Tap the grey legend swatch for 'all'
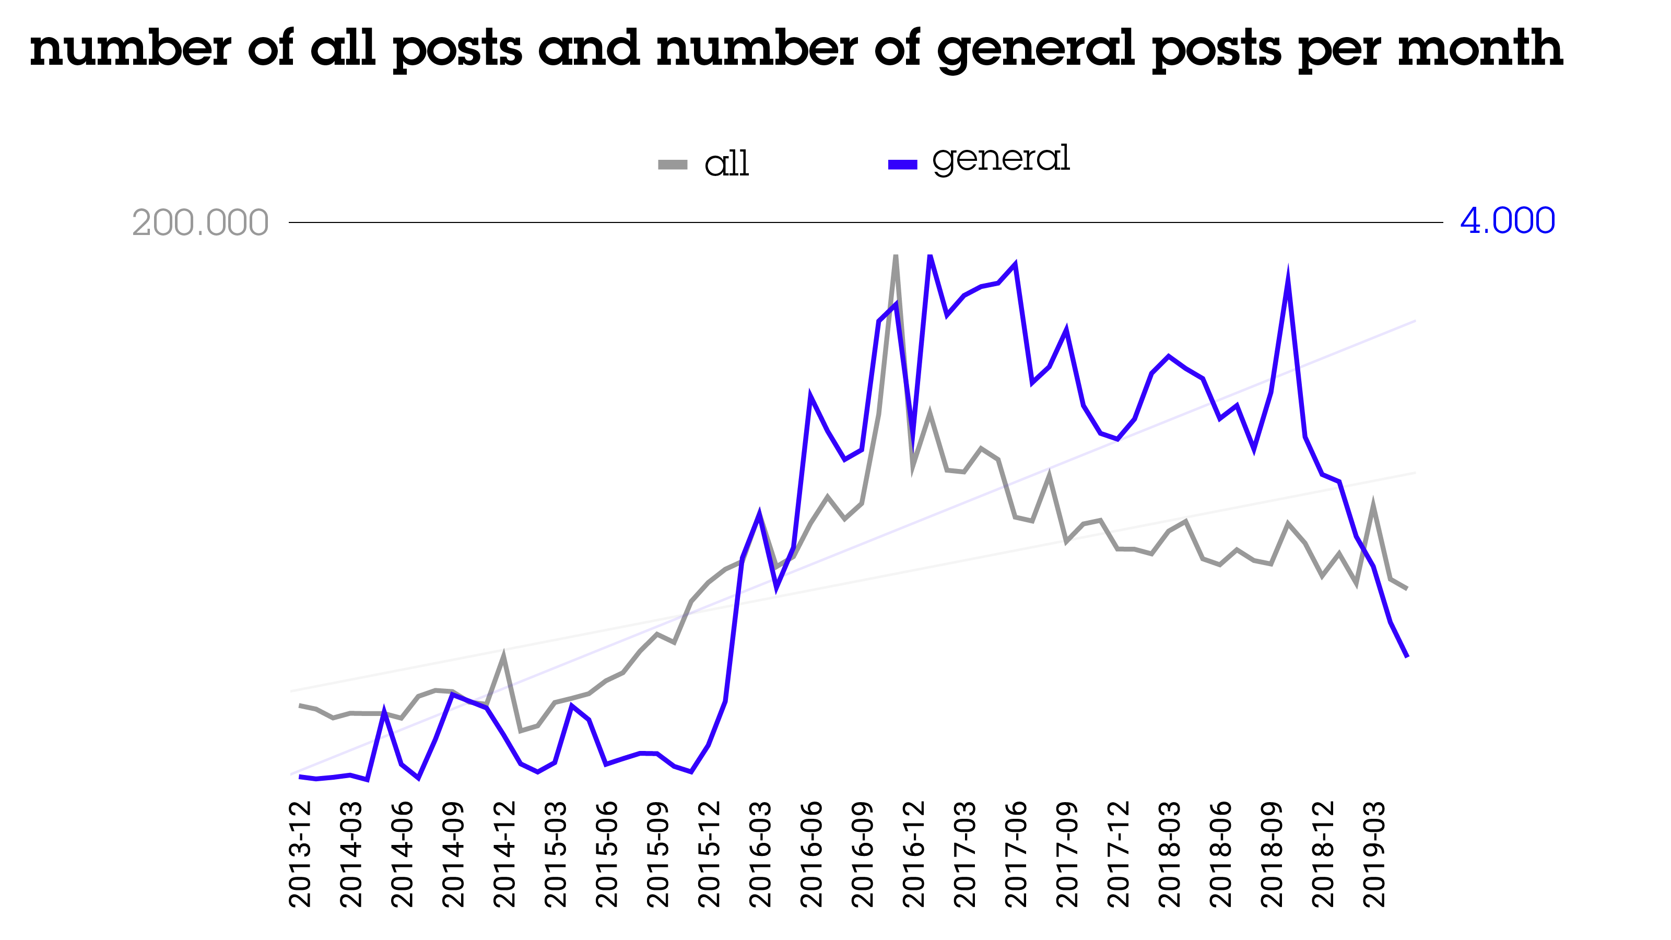tap(673, 165)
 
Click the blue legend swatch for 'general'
tap(902, 165)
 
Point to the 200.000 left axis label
tap(200, 223)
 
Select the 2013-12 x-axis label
tap(300, 854)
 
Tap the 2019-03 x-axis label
tap(1373, 854)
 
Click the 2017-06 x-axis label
tap(1015, 854)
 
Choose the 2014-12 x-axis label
tap(504, 854)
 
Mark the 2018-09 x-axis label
tap(1272, 854)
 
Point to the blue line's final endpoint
tap(1407, 656)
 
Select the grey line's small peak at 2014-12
tap(503, 656)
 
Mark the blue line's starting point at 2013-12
tap(300, 776)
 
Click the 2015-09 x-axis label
tap(657, 854)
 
